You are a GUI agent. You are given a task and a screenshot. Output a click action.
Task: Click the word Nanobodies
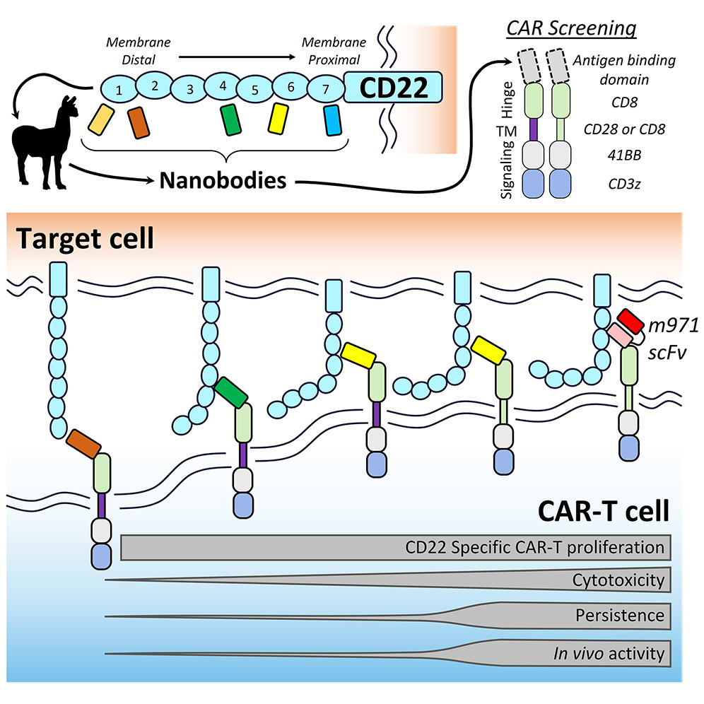coord(223,181)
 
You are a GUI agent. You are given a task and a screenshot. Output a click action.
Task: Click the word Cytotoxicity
coord(618,581)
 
